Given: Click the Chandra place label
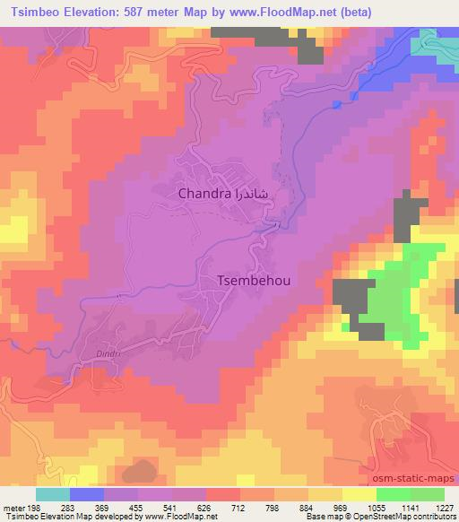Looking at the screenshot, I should (x=205, y=193).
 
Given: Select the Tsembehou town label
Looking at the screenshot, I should (x=255, y=280).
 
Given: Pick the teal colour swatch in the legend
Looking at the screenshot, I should (x=53, y=494).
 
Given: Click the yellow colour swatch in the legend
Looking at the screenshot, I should (x=359, y=494).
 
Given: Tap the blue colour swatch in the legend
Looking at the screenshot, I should (x=87, y=494).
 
